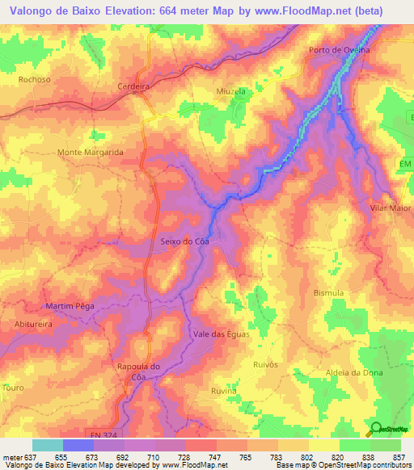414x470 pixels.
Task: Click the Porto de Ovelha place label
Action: pyautogui.click(x=340, y=50)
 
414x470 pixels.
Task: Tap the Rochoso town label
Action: pyautogui.click(x=34, y=80)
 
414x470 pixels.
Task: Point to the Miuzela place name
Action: pyautogui.click(x=230, y=91)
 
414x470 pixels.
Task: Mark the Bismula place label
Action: pyautogui.click(x=328, y=292)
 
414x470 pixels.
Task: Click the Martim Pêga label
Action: pyautogui.click(x=70, y=306)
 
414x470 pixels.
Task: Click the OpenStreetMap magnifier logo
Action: pyautogui.click(x=376, y=429)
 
